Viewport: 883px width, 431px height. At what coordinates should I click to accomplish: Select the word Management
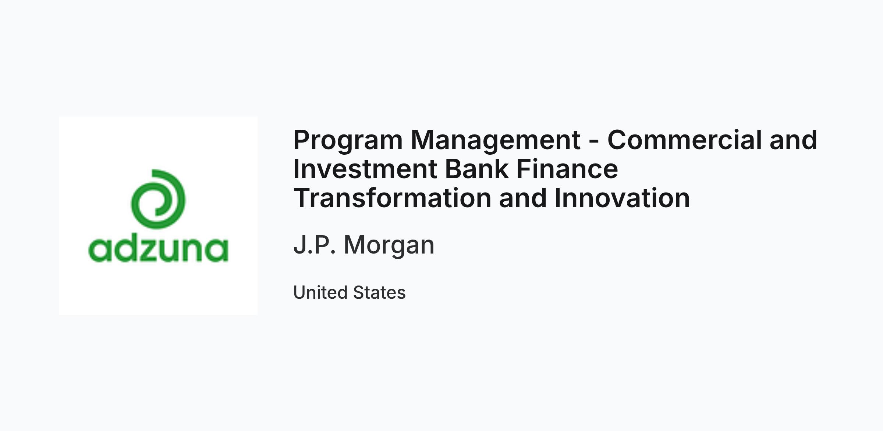pyautogui.click(x=496, y=140)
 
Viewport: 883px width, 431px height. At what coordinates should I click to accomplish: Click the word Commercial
pyautogui.click(x=684, y=140)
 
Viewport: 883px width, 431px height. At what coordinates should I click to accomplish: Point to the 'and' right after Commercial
pyautogui.click(x=793, y=140)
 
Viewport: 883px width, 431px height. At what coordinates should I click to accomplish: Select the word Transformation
pyautogui.click(x=392, y=198)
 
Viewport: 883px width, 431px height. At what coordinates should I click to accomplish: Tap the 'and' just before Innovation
pyautogui.click(x=523, y=198)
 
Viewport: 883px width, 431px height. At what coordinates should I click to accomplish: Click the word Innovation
pyautogui.click(x=622, y=198)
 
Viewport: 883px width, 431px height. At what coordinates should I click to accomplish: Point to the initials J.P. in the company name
pyautogui.click(x=315, y=244)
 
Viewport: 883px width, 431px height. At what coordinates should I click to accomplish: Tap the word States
pyautogui.click(x=379, y=292)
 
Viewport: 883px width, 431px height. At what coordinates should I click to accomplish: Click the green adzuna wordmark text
pyautogui.click(x=158, y=249)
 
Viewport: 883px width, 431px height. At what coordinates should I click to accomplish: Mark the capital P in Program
pyautogui.click(x=302, y=140)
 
